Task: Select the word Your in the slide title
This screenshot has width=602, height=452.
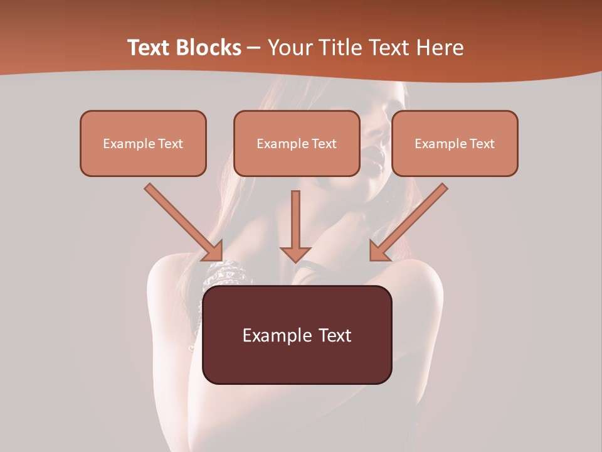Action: click(290, 48)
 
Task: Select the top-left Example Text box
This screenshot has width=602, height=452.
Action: click(143, 143)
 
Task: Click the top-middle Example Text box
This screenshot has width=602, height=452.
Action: click(297, 143)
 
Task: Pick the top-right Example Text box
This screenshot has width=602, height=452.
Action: click(455, 143)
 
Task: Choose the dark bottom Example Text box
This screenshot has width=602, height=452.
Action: click(297, 335)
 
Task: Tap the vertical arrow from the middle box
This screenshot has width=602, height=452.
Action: click(295, 223)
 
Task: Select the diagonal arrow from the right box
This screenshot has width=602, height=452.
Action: click(409, 222)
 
